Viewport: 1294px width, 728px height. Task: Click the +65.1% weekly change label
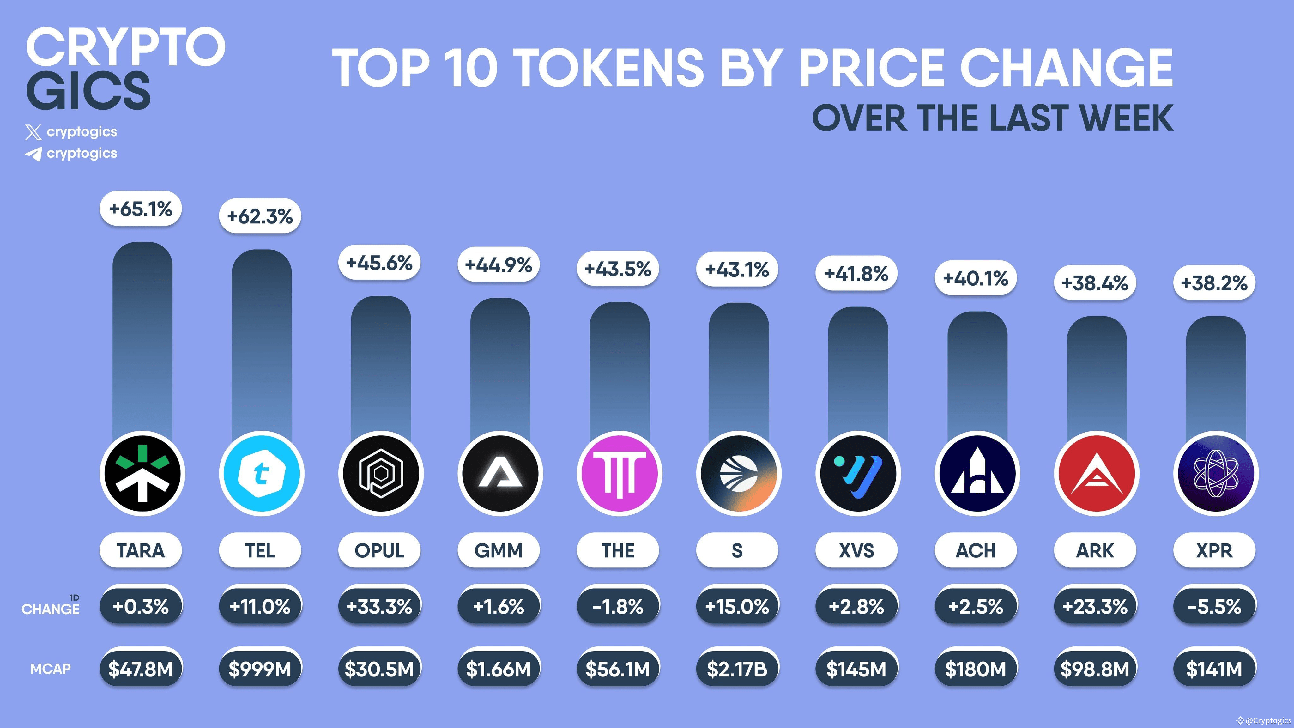tap(141, 209)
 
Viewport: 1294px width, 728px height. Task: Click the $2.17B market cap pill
tap(737, 669)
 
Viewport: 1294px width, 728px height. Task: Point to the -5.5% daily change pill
tap(1214, 606)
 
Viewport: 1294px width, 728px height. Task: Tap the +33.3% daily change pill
tap(379, 606)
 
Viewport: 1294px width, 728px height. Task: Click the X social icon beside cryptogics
tap(33, 133)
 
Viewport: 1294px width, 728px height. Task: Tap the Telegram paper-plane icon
tap(33, 154)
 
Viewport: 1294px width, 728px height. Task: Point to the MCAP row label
tap(50, 669)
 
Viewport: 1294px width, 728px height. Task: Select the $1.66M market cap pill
tap(498, 669)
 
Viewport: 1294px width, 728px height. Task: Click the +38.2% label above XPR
tap(1214, 283)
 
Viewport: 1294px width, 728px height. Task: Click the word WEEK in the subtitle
tap(1126, 118)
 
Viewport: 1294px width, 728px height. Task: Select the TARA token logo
tap(142, 473)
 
